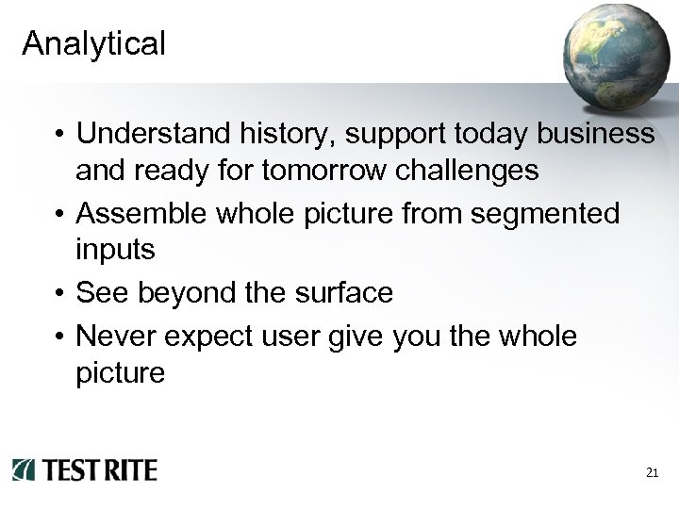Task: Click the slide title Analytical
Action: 94,42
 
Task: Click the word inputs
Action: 115,252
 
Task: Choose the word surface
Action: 343,293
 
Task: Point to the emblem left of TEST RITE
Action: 25,469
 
